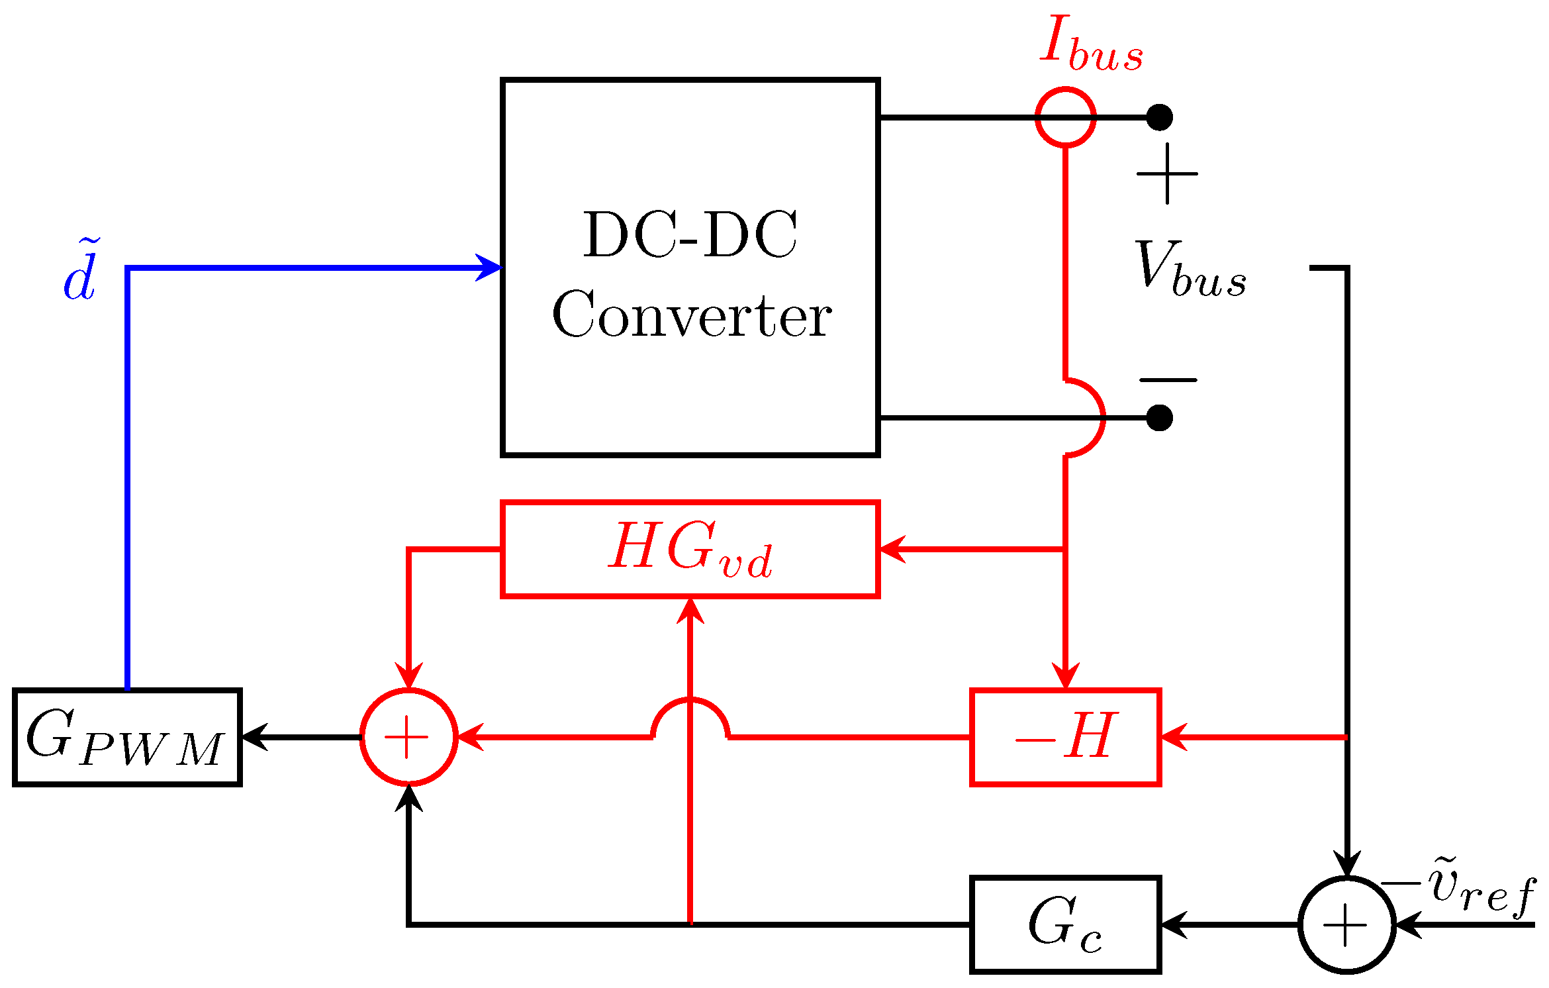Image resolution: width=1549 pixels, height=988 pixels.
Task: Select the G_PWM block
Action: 127,737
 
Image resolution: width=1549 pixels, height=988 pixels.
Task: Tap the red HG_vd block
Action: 690,550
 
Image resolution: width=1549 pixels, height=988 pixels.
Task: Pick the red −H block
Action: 1065,737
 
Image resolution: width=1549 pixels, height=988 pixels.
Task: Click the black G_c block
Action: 1065,925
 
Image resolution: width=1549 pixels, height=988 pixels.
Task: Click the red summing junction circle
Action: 409,737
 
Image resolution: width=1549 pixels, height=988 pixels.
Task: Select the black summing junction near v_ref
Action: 1346,925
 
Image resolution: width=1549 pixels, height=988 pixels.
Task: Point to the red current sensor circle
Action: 1065,117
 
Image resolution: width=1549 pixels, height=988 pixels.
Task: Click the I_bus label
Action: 1091,44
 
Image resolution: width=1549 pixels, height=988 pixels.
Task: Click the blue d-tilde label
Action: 81,272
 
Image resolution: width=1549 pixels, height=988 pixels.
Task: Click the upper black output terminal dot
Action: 1159,117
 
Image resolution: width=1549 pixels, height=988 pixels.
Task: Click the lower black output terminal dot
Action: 1159,418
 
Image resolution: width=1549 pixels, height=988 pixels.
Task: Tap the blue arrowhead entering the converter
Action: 490,268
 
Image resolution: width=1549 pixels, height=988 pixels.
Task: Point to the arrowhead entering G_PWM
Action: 255,737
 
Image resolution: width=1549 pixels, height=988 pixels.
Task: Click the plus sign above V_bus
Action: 1167,173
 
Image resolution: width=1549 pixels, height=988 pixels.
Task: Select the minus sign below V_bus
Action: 1168,380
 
